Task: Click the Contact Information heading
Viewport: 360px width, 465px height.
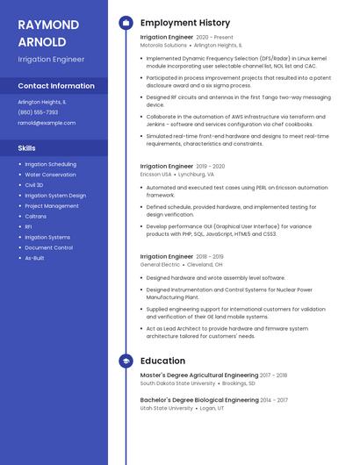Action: pyautogui.click(x=56, y=86)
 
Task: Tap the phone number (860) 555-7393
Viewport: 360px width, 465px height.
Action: pyautogui.click(x=38, y=112)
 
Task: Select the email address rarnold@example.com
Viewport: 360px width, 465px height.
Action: pyautogui.click(x=47, y=123)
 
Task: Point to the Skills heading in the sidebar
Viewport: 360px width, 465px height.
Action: pyautogui.click(x=27, y=147)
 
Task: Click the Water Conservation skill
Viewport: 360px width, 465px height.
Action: pyautogui.click(x=50, y=175)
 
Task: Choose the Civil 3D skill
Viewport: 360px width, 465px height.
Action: pyautogui.click(x=34, y=185)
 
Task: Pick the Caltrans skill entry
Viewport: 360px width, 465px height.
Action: pyautogui.click(x=36, y=217)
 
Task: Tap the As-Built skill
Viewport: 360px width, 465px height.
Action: pyautogui.click(x=34, y=258)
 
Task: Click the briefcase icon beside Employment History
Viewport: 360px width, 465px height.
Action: pyautogui.click(x=126, y=23)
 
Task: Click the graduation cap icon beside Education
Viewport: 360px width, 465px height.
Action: pyautogui.click(x=126, y=361)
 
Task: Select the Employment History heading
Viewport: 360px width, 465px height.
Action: pyautogui.click(x=184, y=23)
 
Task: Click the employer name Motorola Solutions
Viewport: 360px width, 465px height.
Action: pyautogui.click(x=163, y=45)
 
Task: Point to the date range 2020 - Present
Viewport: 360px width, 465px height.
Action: pyautogui.click(x=214, y=38)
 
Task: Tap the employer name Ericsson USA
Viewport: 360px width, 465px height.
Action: pyautogui.click(x=156, y=174)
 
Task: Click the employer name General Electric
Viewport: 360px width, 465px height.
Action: pyautogui.click(x=160, y=264)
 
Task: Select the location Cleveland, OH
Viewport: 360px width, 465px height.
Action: pyautogui.click(x=205, y=264)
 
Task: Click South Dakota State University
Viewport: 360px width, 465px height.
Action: pyautogui.click(x=177, y=383)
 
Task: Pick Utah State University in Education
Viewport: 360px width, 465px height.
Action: pyautogui.click(x=166, y=408)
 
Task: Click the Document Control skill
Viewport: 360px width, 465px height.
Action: pyautogui.click(x=48, y=247)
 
